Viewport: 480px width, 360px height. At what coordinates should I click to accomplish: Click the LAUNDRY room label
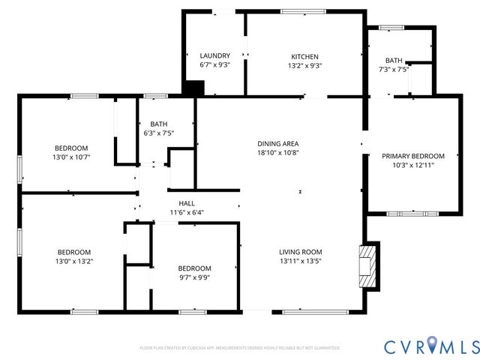tap(214, 56)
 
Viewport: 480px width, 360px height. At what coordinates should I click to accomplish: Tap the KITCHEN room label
tap(305, 56)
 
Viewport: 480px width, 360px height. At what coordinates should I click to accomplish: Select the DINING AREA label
tap(278, 143)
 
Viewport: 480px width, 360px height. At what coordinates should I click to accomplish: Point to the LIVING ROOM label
tap(300, 252)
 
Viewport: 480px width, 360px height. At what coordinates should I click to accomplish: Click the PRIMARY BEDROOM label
tap(412, 156)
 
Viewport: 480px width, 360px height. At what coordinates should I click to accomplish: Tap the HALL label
tap(187, 203)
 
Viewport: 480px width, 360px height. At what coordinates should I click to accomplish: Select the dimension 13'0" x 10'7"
tap(71, 157)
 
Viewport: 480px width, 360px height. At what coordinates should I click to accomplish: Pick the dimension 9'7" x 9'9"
tap(194, 277)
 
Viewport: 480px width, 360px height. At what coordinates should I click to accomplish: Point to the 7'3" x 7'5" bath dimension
tap(394, 69)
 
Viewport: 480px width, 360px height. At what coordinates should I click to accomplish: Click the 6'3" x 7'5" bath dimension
tap(158, 133)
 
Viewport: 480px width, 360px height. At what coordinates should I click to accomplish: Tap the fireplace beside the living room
tap(367, 265)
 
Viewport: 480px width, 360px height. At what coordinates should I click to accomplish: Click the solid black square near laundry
tap(193, 88)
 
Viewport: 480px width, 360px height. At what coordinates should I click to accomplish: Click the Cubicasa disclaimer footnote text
tap(240, 348)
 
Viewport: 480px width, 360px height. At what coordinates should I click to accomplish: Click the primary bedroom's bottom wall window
tap(412, 213)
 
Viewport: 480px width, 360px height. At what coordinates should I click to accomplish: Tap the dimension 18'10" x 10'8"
tap(278, 152)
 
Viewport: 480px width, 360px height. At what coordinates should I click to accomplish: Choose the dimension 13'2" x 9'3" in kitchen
tap(305, 65)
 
